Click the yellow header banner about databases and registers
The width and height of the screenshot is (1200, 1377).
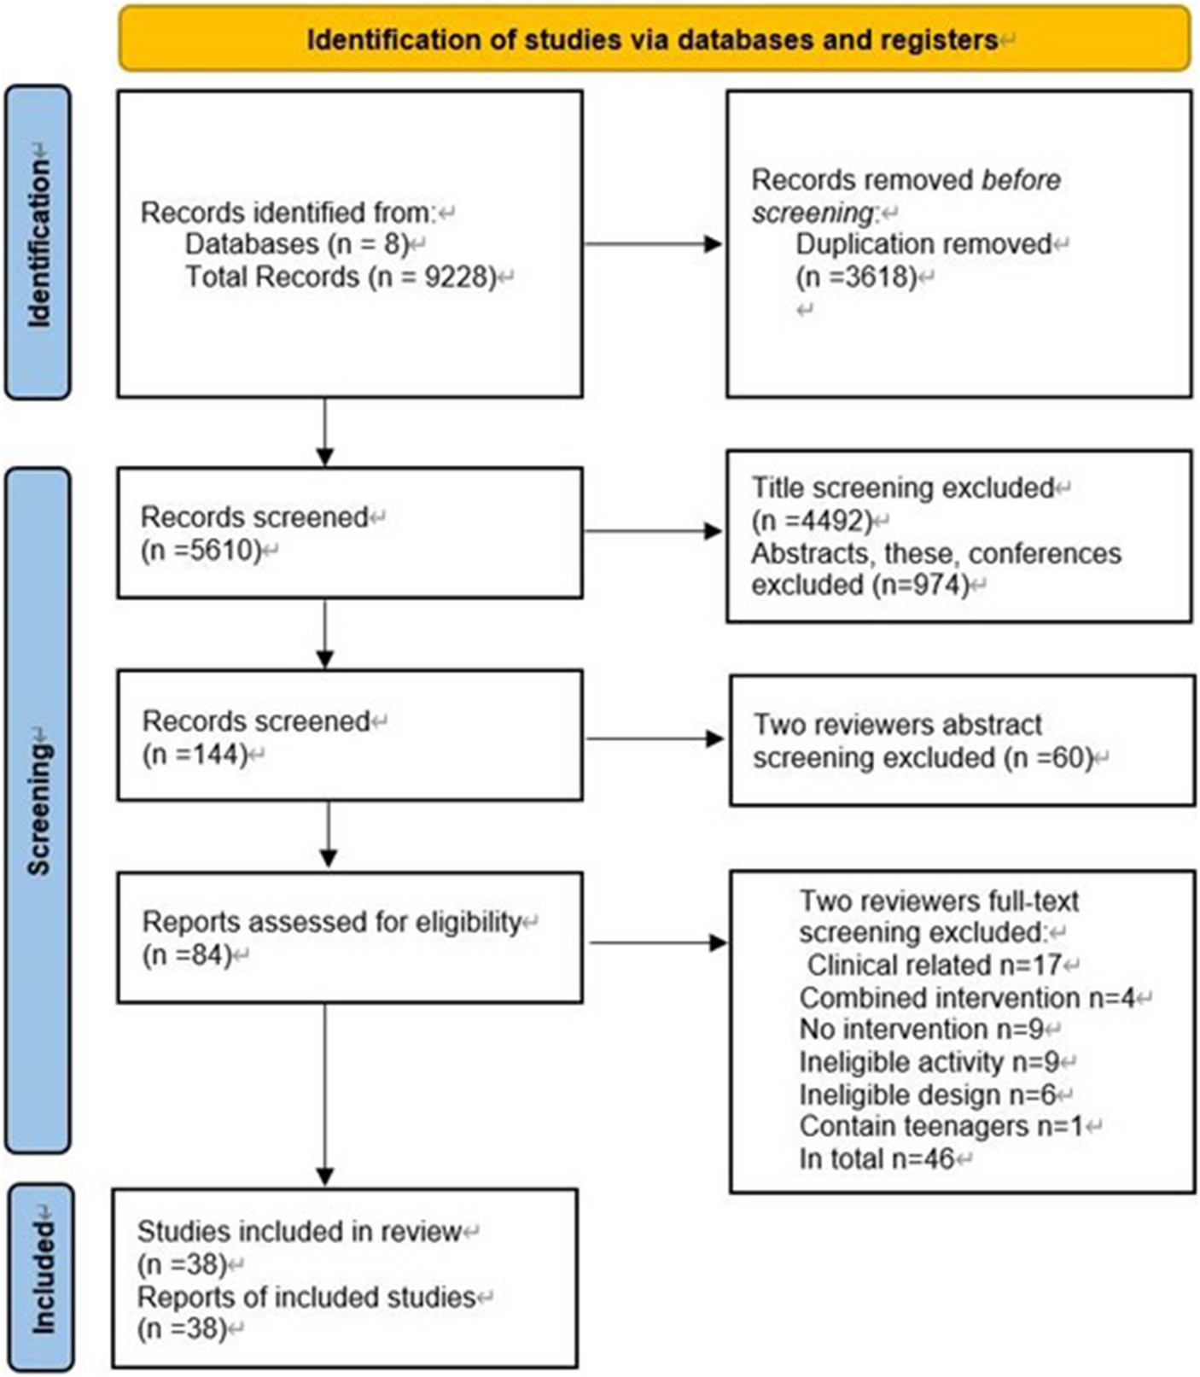tap(653, 39)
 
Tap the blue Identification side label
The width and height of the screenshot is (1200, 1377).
tap(38, 242)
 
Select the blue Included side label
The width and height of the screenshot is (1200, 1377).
tap(40, 1276)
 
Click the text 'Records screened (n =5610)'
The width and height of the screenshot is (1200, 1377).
tap(254, 533)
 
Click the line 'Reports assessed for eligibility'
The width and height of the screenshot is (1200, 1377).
tap(331, 922)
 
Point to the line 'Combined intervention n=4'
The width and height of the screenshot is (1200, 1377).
tap(968, 997)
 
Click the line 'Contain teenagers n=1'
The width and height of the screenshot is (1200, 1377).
tap(941, 1126)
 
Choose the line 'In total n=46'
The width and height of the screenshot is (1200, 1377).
tap(877, 1158)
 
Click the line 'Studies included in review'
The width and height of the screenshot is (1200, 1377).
tap(300, 1231)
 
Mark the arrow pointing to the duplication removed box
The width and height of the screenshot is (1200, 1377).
tap(653, 244)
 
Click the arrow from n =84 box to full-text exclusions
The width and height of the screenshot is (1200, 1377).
tap(657, 942)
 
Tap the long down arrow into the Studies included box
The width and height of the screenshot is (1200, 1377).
tap(325, 1093)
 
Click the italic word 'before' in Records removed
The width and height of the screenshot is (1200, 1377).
tap(1021, 180)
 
